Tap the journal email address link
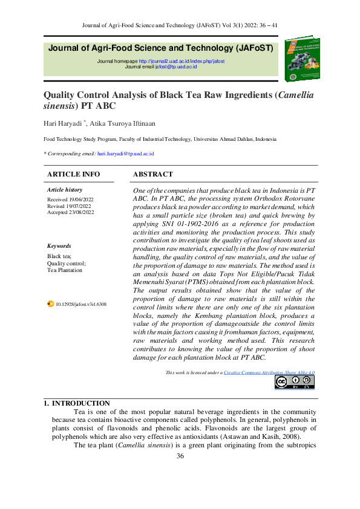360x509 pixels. point(175,66)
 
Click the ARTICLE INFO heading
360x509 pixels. point(73,174)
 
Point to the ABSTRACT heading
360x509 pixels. point(152,174)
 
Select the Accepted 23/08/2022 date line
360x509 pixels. point(71,212)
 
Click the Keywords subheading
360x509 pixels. point(59,246)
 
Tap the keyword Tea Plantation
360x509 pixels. point(65,270)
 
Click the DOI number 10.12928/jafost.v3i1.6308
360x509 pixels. point(80,304)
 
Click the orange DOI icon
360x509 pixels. point(50,304)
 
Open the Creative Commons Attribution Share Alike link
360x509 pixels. point(269,373)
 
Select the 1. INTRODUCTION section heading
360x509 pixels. point(77,403)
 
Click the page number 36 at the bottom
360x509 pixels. point(180,455)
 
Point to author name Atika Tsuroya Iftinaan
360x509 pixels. point(123,123)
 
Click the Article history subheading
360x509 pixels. point(64,190)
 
